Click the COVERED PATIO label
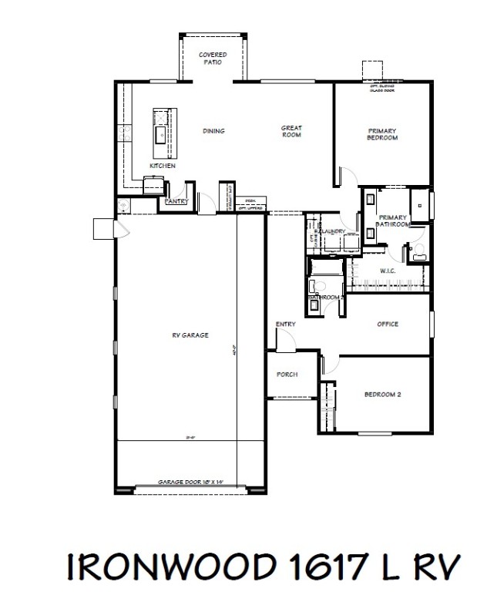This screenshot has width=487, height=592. point(212,58)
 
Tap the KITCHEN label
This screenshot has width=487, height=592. point(163,166)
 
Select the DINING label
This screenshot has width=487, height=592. point(213,131)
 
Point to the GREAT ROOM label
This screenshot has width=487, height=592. point(291,131)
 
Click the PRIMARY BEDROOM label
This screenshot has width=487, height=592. point(382,134)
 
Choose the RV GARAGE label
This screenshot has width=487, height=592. point(190,335)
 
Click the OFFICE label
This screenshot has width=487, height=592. point(387,324)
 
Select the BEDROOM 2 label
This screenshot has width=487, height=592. point(383,394)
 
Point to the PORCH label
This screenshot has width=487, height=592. point(287,375)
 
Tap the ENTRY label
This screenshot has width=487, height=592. point(286,324)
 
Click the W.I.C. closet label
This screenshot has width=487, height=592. point(388,271)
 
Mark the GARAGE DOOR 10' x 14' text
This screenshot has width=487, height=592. point(190,482)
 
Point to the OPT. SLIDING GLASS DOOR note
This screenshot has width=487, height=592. point(382,87)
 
